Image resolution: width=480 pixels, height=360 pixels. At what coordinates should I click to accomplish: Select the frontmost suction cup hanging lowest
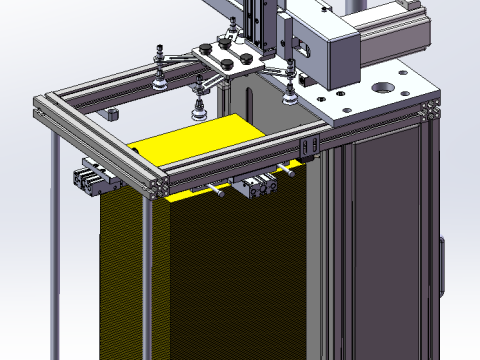pos(198,113)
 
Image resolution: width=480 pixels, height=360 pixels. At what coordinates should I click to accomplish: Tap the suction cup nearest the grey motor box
pos(289,95)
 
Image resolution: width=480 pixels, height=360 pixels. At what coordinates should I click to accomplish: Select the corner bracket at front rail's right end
pos(309,148)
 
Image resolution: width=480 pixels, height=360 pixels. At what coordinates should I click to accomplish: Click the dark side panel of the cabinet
pos(385,240)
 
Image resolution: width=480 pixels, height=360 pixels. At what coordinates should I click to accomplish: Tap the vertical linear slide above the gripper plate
pos(256,25)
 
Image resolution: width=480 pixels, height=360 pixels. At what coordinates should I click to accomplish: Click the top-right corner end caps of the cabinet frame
pos(432,109)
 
